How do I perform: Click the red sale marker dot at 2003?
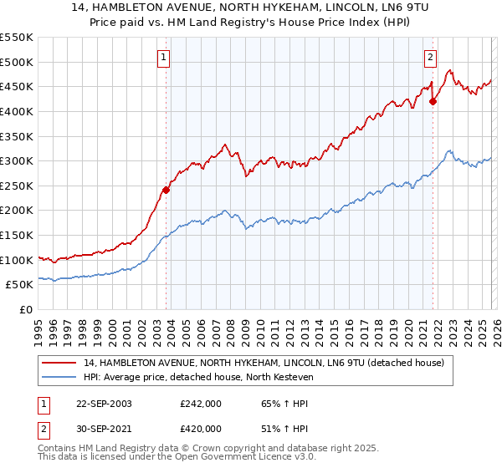[x=166, y=190]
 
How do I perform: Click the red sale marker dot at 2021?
[x=433, y=102]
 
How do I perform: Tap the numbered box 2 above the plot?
[x=429, y=58]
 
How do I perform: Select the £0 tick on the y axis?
[x=26, y=310]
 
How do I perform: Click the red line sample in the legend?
[x=59, y=362]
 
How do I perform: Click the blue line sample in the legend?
[x=59, y=377]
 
